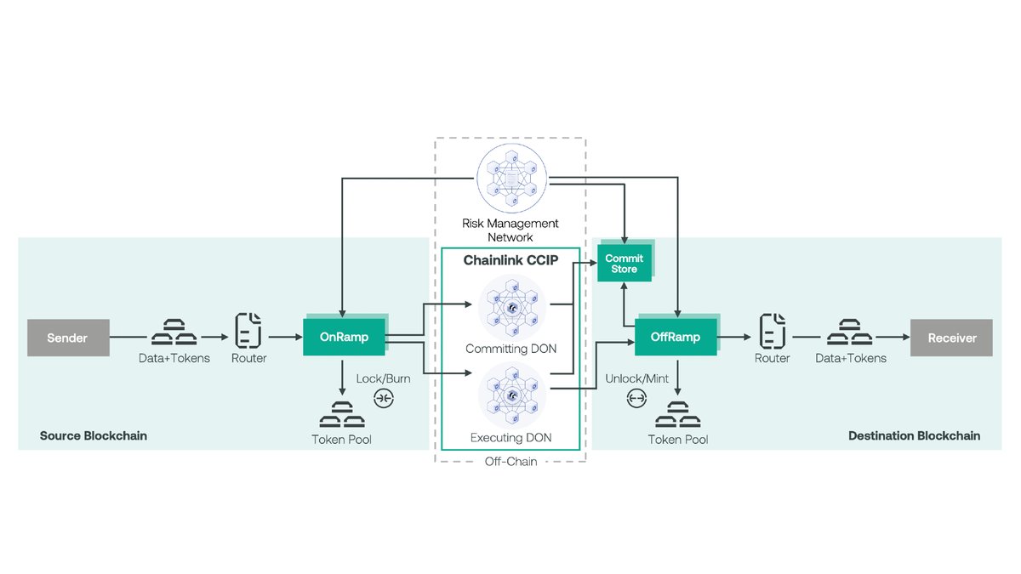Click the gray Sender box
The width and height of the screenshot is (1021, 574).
(x=68, y=338)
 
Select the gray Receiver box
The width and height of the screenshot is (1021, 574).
(x=951, y=338)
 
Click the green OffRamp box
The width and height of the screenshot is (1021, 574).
(x=676, y=337)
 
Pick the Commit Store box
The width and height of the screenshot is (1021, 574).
(x=624, y=263)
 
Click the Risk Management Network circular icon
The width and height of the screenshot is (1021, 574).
(x=510, y=179)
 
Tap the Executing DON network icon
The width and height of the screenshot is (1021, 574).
(x=510, y=395)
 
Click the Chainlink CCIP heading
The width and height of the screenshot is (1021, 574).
(x=510, y=260)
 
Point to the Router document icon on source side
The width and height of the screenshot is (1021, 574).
(x=248, y=329)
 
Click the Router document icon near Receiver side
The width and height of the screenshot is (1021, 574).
(x=772, y=329)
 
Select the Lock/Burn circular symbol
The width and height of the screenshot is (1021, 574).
(x=384, y=397)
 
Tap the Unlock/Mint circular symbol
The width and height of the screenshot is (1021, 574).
(x=636, y=397)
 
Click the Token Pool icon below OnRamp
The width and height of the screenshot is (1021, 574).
(x=342, y=417)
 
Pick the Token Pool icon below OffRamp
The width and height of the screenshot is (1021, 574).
(x=677, y=417)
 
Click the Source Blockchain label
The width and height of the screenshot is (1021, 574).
(x=94, y=435)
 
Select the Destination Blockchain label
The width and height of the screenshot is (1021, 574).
(x=914, y=435)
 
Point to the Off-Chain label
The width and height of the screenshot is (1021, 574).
(x=510, y=462)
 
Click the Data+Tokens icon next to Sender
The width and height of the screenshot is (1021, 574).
(x=174, y=330)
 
